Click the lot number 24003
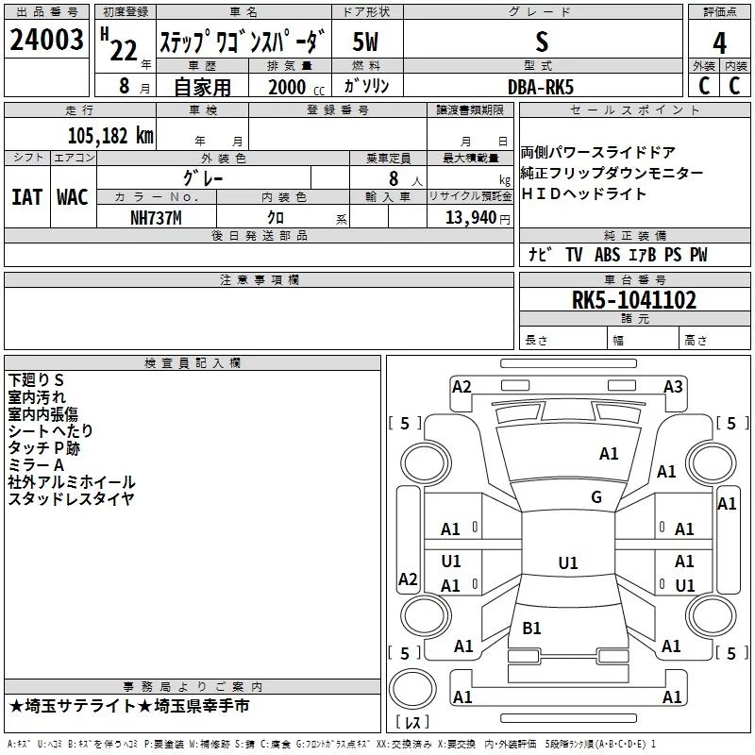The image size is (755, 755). (46, 40)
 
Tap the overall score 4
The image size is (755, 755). (719, 43)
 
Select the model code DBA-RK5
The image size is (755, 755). (541, 87)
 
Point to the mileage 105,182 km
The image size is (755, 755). (110, 136)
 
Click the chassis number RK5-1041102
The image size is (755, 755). (633, 300)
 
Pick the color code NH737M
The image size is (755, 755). (156, 218)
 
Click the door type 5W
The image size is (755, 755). (365, 42)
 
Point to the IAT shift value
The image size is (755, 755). (26, 197)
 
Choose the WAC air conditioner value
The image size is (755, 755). (73, 197)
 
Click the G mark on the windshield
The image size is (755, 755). (596, 496)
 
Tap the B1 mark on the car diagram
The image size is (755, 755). (531, 628)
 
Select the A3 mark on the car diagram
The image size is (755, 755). (673, 387)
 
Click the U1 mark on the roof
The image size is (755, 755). (568, 562)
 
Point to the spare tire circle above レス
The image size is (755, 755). (412, 689)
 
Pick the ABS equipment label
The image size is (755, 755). (607, 255)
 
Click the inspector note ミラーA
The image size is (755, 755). (36, 465)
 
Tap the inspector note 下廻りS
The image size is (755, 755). (36, 380)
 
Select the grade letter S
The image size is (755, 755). (542, 42)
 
